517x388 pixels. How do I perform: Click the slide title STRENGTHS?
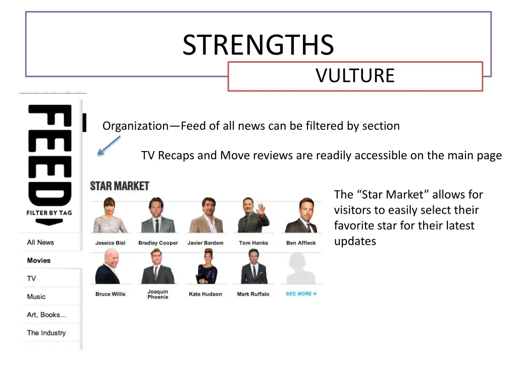[x=258, y=45]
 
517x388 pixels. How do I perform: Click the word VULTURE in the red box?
[x=355, y=76]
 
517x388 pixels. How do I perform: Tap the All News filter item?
[x=40, y=243]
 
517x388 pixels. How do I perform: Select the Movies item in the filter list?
[x=39, y=261]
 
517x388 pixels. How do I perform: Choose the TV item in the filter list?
[x=31, y=278]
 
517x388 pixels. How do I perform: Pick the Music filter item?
[x=36, y=297]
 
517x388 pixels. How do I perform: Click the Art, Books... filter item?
[x=46, y=315]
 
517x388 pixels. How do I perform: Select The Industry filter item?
[x=46, y=333]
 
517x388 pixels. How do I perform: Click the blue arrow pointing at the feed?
[x=109, y=145]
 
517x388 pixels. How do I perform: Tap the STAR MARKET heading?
[x=119, y=186]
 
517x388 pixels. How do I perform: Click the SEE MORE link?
[x=301, y=294]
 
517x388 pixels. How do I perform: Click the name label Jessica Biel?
[x=110, y=243]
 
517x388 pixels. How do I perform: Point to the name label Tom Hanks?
[x=253, y=243]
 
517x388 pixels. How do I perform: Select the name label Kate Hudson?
[x=205, y=294]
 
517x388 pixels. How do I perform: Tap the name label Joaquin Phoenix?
[x=158, y=294]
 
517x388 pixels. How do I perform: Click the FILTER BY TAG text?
[x=49, y=213]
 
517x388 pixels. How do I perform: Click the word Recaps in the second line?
[x=176, y=156]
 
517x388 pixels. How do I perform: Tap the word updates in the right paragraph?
[x=355, y=241]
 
